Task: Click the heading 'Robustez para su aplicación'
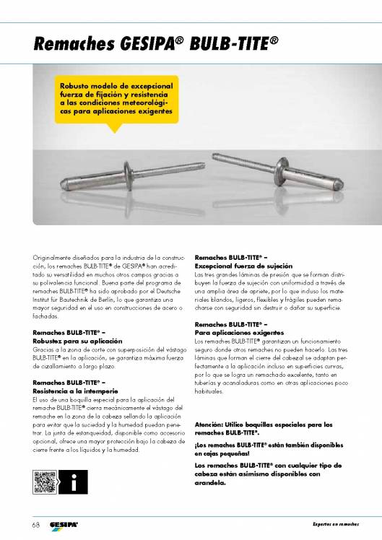point(77,339)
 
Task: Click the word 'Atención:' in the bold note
point(210,424)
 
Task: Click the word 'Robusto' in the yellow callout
point(76,87)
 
